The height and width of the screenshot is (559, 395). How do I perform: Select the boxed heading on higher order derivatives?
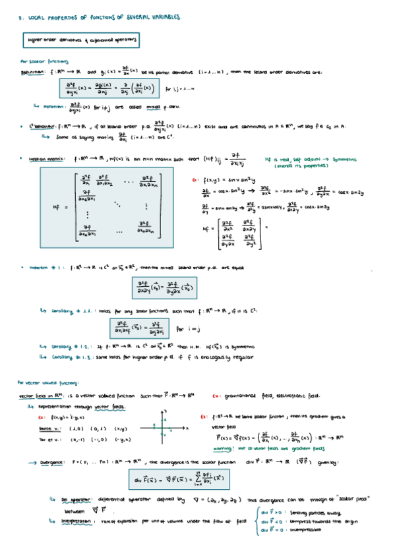pyautogui.click(x=82, y=40)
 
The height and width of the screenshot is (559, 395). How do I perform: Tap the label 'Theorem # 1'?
pyautogui.click(x=46, y=268)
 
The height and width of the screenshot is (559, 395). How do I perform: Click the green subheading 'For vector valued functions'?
pyautogui.click(x=47, y=382)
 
